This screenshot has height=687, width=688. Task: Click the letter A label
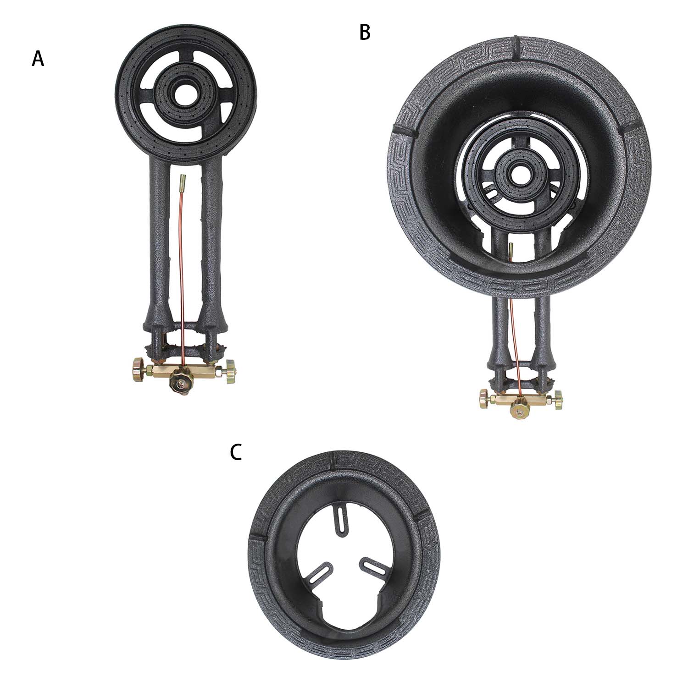coord(38,59)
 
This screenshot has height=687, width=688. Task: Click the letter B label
coord(365,33)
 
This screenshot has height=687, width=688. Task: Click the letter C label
coord(236,452)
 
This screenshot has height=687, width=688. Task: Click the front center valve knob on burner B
coord(519,411)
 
